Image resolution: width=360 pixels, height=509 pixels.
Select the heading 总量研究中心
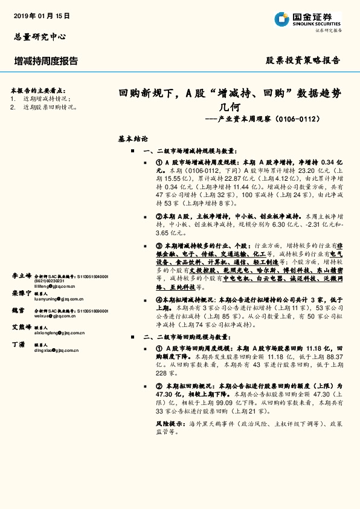tap(39, 37)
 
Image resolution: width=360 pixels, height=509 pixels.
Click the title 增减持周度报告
tap(46, 61)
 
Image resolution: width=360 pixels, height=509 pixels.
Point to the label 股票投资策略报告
tap(303, 60)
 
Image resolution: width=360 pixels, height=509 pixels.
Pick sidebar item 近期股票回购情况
tap(50, 106)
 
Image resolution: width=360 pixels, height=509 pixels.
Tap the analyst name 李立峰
tap(21, 276)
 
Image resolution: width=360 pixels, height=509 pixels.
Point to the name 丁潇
tap(18, 344)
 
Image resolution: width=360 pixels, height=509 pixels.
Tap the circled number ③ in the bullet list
tap(159, 247)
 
